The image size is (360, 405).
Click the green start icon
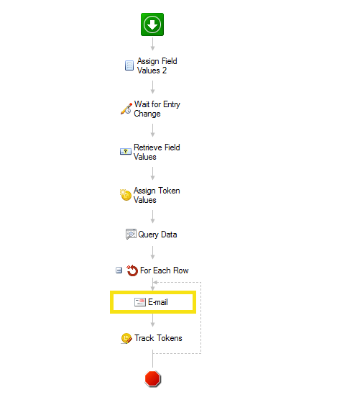(x=152, y=24)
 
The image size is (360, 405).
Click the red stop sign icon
(x=153, y=378)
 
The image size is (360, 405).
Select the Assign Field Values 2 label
(x=157, y=65)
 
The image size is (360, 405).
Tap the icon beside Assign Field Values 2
(x=129, y=65)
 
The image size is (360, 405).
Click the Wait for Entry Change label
(x=157, y=109)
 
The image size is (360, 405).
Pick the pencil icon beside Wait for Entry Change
(x=126, y=109)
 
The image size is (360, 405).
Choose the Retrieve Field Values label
(x=157, y=152)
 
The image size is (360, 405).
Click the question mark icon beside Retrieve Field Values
(x=126, y=151)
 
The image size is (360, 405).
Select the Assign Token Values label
(x=157, y=195)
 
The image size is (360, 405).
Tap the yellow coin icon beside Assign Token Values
(x=126, y=195)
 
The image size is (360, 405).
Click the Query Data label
(x=157, y=235)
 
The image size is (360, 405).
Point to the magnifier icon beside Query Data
(x=131, y=234)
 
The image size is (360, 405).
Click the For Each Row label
(x=164, y=270)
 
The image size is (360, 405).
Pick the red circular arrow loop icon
(x=132, y=270)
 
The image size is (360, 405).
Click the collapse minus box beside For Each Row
(x=119, y=270)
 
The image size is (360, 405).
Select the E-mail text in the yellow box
(x=158, y=302)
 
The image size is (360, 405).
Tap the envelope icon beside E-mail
(x=140, y=302)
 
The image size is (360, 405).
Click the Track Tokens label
(x=158, y=338)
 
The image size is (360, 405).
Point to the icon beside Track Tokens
(x=126, y=338)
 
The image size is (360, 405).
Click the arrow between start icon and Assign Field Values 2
(x=152, y=44)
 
